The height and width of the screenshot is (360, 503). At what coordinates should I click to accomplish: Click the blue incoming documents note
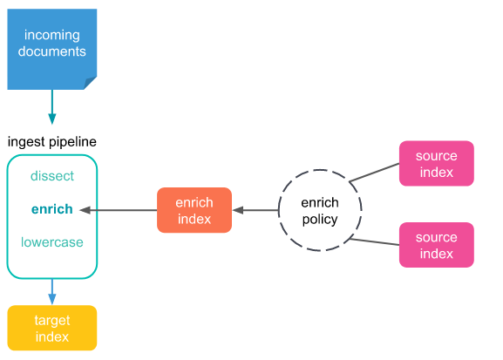(52, 49)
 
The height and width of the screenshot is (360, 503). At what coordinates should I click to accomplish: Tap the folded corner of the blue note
(90, 83)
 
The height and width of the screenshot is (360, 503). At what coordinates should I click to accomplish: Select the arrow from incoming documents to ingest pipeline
(52, 107)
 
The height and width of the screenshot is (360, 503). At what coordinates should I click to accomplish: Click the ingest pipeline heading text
(52, 142)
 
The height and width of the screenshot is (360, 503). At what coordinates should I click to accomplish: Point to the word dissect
(52, 176)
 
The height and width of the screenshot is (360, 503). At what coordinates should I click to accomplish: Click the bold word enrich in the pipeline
(52, 209)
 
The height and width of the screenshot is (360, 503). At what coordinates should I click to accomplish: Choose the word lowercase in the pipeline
(52, 242)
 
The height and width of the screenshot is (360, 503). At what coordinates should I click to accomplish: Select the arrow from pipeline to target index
(52, 292)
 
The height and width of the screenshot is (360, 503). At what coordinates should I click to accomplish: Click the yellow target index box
(52, 328)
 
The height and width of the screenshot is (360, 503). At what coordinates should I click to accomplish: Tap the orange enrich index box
(194, 210)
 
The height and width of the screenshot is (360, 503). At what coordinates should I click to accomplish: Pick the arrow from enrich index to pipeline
(119, 210)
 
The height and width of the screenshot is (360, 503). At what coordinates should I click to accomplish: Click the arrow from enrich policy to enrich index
(255, 210)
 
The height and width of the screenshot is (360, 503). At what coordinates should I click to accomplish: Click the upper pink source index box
(437, 163)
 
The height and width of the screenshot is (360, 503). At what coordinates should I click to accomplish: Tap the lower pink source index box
(437, 245)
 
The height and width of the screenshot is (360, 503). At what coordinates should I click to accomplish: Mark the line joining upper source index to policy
(374, 173)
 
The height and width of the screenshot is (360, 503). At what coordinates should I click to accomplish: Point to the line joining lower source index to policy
(374, 242)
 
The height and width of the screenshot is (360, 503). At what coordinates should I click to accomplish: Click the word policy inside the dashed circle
(320, 220)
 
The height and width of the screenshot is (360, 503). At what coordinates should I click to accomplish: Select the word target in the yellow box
(52, 320)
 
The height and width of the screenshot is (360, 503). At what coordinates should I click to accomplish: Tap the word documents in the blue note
(52, 51)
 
